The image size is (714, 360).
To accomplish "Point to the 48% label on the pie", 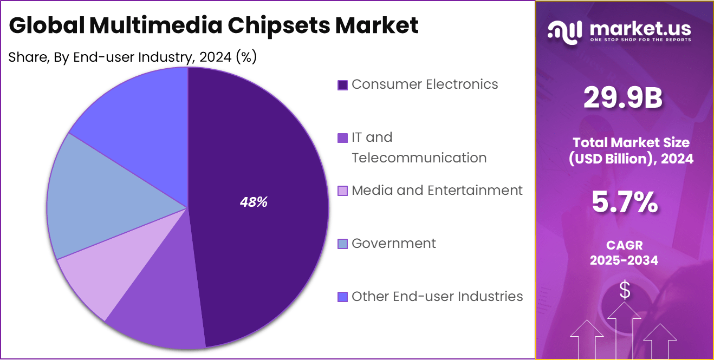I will click(254, 202).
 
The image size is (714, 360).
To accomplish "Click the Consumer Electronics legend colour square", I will click(342, 85).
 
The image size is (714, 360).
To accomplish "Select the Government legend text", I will click(393, 244).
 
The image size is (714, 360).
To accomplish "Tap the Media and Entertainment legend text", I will click(437, 191).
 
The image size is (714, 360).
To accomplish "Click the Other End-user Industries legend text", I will click(437, 297).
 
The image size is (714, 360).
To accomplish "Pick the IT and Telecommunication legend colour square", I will click(342, 138).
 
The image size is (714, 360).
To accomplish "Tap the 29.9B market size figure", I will click(623, 99).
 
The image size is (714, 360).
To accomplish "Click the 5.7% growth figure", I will click(624, 202).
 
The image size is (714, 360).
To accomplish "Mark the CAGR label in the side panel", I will click(624, 245).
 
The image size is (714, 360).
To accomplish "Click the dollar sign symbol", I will click(625, 291).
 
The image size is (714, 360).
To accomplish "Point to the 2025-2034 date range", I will click(624, 260).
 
